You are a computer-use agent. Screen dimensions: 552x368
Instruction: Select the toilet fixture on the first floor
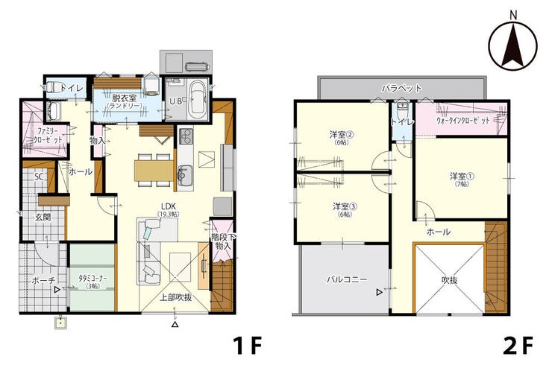click(51, 86)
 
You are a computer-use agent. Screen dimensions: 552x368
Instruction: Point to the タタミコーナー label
click(93, 278)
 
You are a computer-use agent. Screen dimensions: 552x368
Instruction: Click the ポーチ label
click(43, 281)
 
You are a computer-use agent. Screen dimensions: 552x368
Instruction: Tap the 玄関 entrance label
click(43, 218)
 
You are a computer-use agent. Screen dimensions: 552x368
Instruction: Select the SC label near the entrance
click(39, 177)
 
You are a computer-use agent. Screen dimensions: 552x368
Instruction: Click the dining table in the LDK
click(154, 171)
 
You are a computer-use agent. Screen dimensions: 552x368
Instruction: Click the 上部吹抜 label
click(175, 297)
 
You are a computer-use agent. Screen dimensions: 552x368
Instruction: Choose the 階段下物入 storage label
click(223, 242)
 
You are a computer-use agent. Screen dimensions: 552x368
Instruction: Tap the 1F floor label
click(248, 345)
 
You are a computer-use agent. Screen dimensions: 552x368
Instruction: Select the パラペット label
click(401, 88)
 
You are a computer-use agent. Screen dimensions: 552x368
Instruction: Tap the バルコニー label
click(347, 280)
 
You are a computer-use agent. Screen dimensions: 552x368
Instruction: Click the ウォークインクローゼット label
click(463, 121)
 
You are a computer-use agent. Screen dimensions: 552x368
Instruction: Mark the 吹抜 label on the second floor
click(449, 280)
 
